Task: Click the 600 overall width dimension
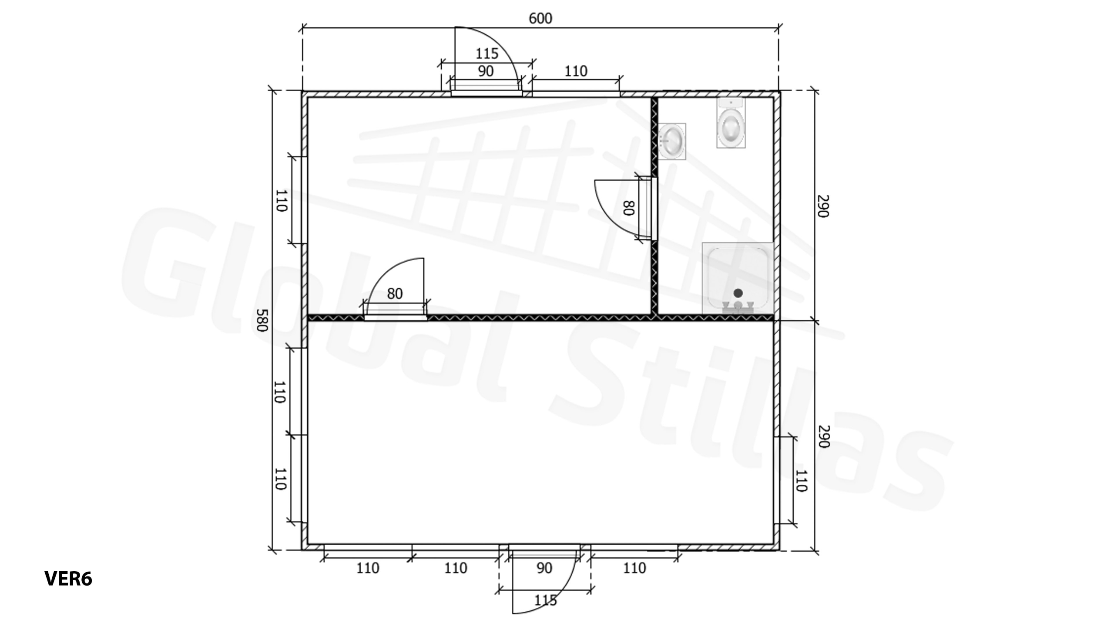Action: [540, 19]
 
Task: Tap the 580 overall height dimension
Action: [261, 320]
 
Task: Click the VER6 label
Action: [68, 579]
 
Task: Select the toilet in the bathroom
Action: [731, 123]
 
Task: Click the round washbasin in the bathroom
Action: [672, 141]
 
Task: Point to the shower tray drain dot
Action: [738, 293]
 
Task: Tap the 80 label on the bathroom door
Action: [628, 208]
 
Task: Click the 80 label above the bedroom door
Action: [395, 294]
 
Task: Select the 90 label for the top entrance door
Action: [486, 71]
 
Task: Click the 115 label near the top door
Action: [487, 53]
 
